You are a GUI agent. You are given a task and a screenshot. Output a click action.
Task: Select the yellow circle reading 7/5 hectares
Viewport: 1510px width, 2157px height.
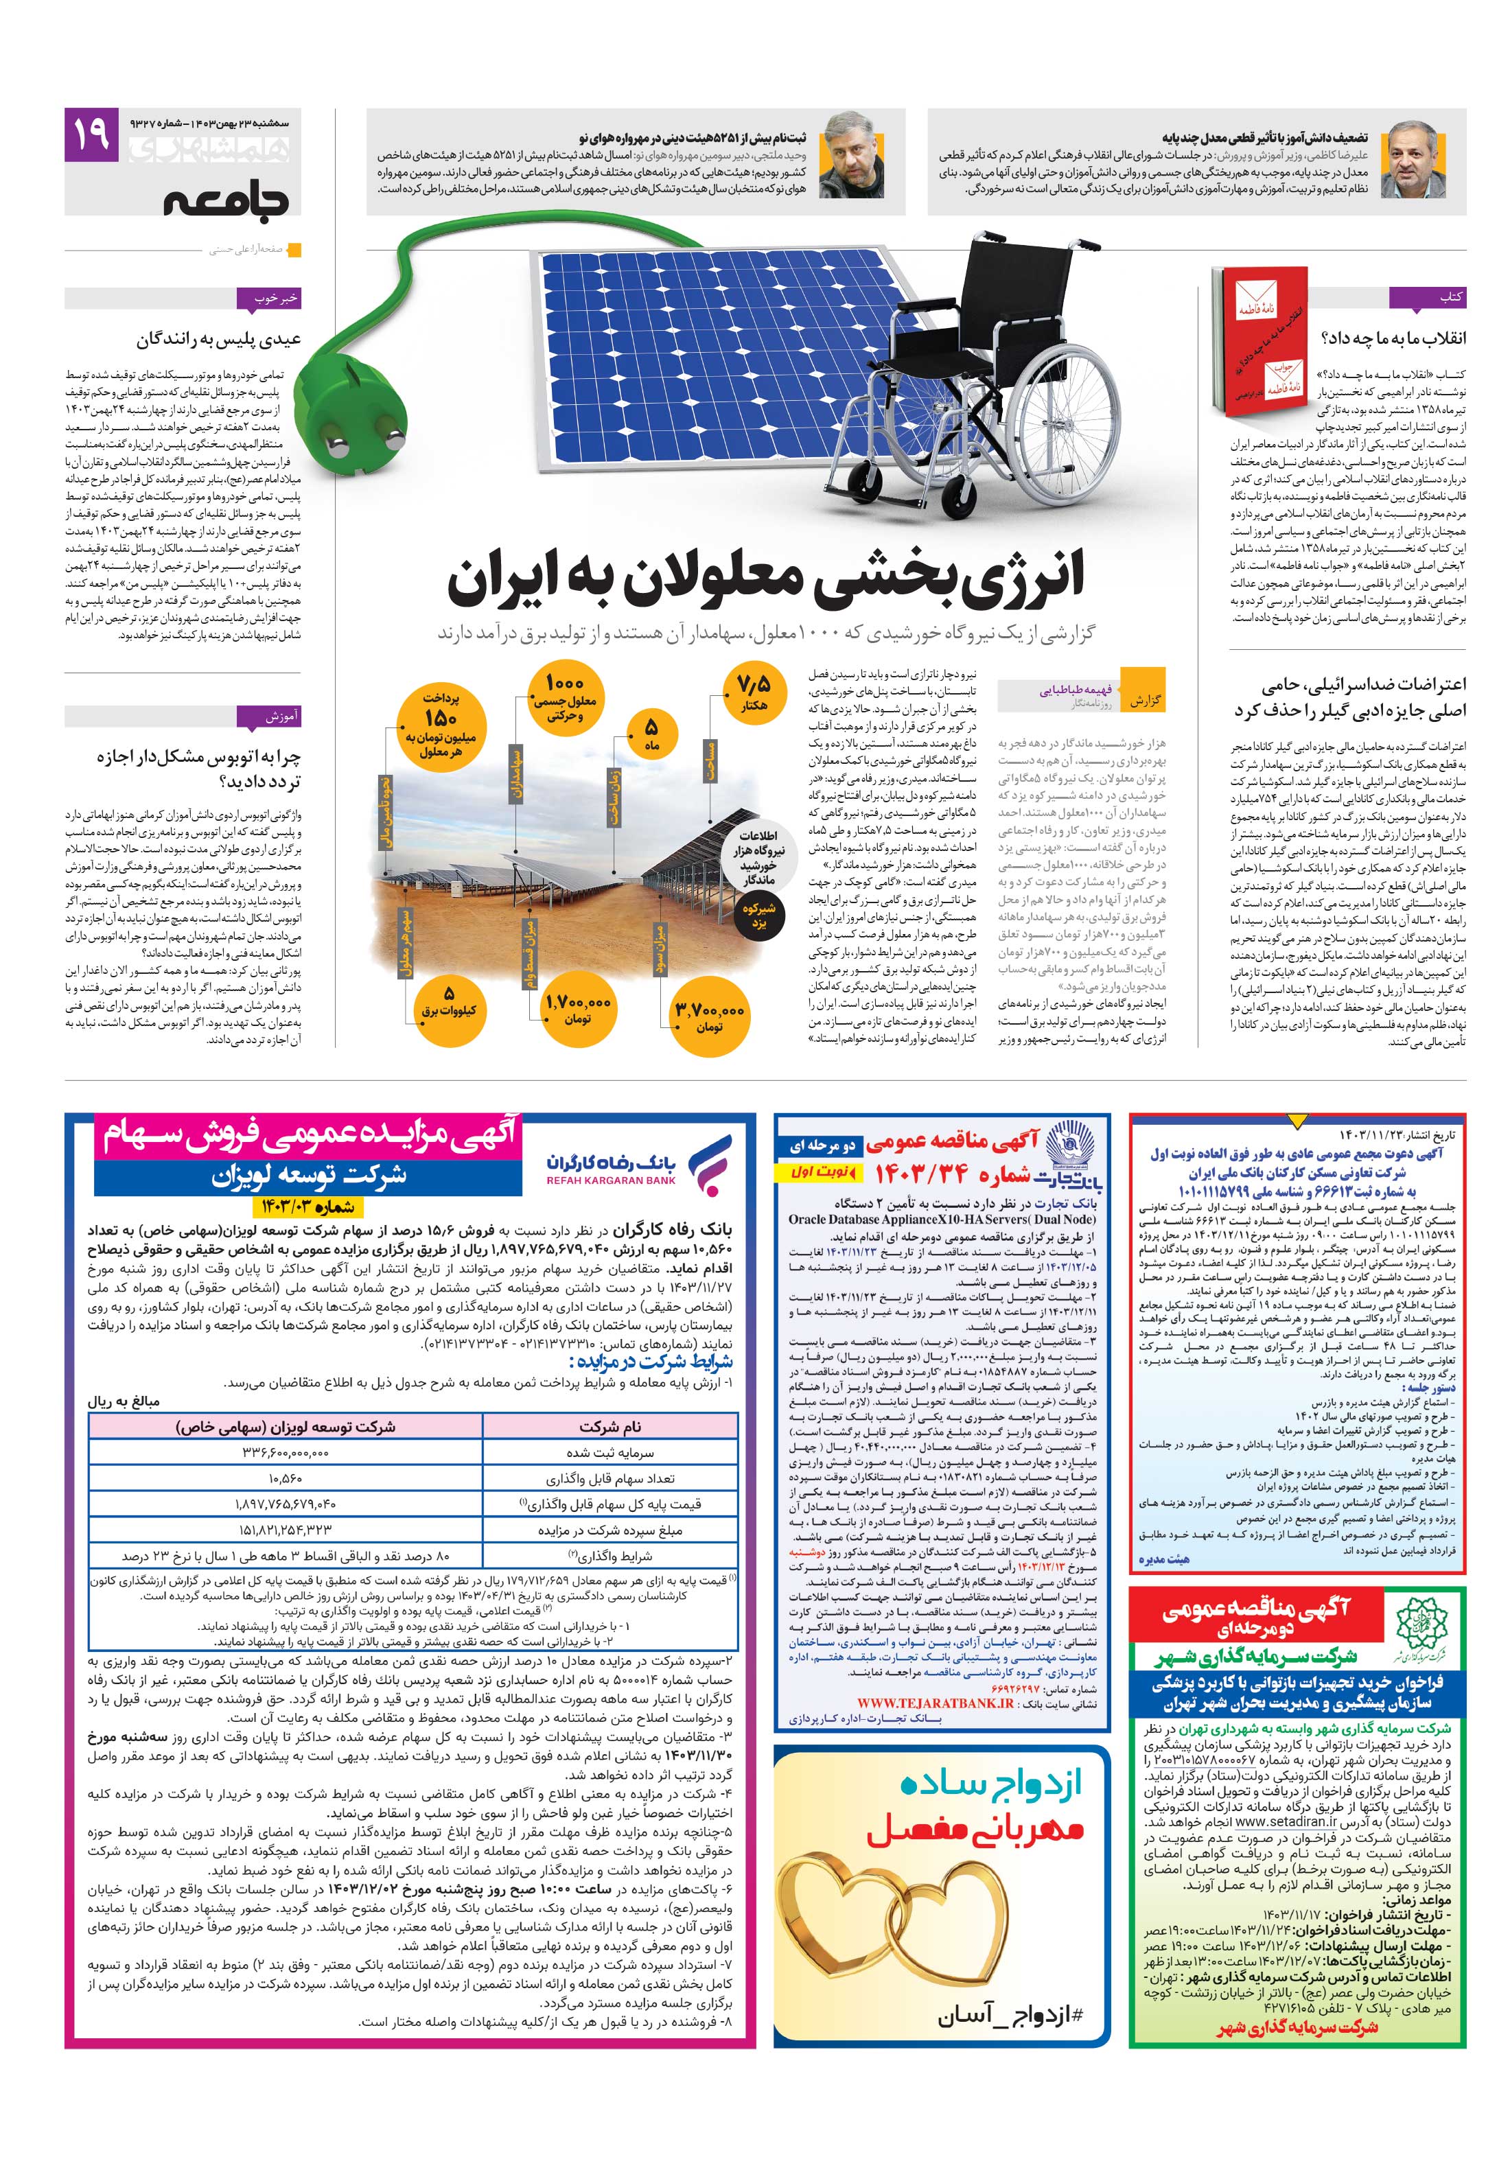(752, 693)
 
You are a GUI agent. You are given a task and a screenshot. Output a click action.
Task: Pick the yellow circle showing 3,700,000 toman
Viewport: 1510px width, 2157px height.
(710, 1014)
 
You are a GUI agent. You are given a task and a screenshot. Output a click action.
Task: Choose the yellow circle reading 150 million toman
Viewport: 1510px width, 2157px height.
(440, 725)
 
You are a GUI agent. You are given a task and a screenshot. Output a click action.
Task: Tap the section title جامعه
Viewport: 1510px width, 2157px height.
(226, 201)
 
